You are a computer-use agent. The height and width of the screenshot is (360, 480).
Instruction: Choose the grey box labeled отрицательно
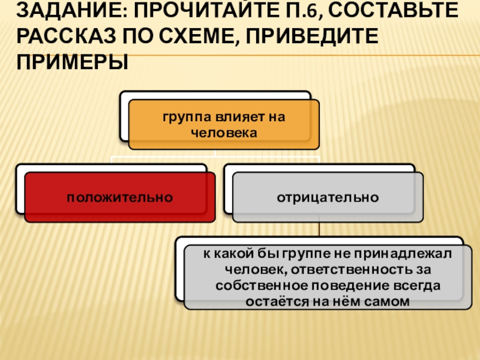coord(328,196)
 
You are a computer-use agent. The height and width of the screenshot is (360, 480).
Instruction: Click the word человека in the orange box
coord(223,131)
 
